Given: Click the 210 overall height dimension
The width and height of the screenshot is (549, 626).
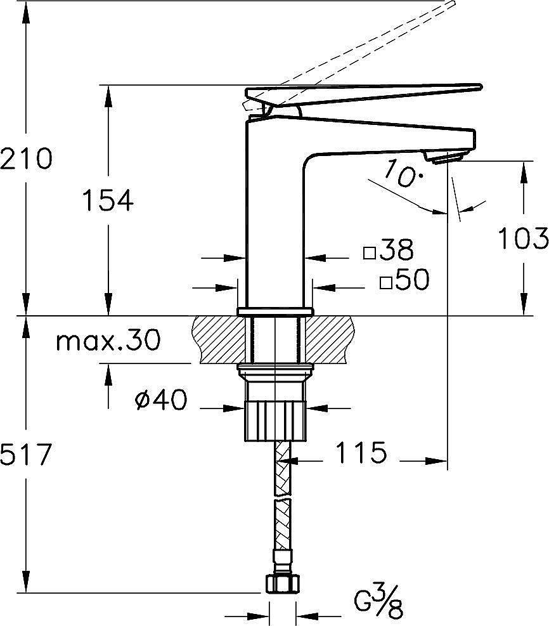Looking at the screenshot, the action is pos(26,158).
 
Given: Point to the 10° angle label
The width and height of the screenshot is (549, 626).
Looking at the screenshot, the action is pos(404,173).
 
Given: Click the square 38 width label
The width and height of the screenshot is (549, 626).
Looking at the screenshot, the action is pos(389,249).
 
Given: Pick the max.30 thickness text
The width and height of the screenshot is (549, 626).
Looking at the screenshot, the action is pos(108,340).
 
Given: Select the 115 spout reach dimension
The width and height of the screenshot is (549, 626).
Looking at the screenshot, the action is pos(361,452).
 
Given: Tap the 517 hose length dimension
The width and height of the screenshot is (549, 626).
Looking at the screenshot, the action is pos(26,454).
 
